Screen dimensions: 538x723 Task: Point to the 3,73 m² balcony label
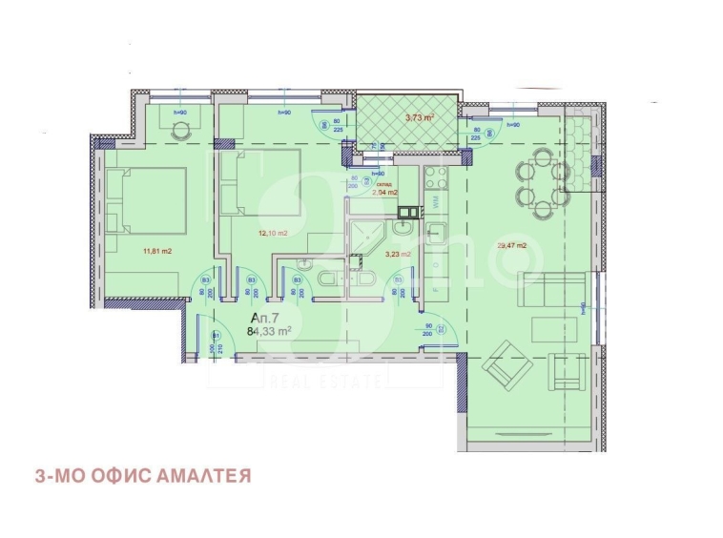pyautogui.click(x=420, y=118)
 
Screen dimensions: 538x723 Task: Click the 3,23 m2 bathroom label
pyautogui.click(x=398, y=255)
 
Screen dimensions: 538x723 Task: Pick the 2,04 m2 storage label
pyautogui.click(x=384, y=192)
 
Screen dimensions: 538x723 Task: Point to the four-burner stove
pyautogui.click(x=435, y=178)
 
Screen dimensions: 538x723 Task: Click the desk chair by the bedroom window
pyautogui.click(x=179, y=132)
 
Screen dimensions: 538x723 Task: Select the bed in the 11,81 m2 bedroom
pyautogui.click(x=143, y=200)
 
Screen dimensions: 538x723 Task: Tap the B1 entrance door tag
pyautogui.click(x=216, y=336)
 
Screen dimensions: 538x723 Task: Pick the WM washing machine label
pyautogui.click(x=435, y=201)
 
